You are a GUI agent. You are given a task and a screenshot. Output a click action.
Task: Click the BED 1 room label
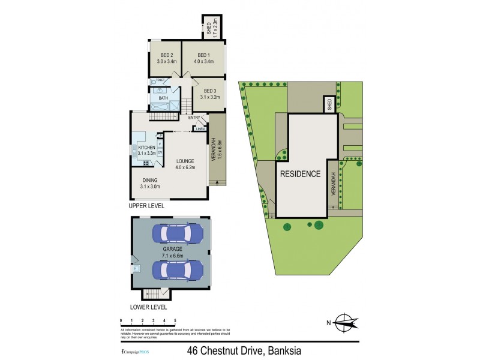tap(205, 53)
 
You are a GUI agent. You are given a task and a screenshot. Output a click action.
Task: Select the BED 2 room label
tap(165, 53)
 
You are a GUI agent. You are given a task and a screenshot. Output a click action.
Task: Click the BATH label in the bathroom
tap(163, 98)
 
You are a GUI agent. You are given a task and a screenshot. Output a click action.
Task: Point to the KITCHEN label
tap(147, 148)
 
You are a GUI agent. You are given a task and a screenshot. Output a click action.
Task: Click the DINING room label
tap(151, 179)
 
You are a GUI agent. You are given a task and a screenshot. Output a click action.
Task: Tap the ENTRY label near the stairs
tap(194, 118)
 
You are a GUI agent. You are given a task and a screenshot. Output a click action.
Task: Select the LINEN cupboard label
tap(200, 128)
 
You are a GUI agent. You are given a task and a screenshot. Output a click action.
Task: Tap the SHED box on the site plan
tap(329, 105)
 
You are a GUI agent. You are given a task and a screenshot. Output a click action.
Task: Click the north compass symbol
tap(344, 323)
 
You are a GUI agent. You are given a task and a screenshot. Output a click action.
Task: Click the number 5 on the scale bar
tap(175, 322)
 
